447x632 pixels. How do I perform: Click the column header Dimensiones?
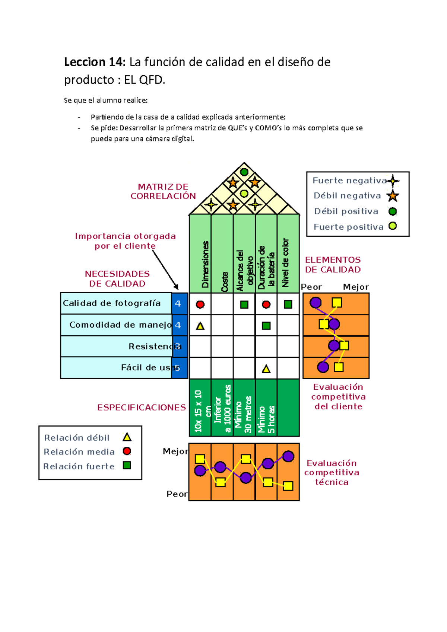coord(205,264)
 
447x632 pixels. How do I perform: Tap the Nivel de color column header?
coord(285,263)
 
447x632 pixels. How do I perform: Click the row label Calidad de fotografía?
coord(112,303)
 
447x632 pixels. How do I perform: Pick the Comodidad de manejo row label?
coord(120,325)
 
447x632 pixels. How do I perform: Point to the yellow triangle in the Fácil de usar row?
coord(266,369)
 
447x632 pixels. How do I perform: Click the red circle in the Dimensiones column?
coord(200,304)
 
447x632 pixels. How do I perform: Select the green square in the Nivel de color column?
coord(288,304)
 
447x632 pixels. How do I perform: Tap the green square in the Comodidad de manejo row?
coord(266,326)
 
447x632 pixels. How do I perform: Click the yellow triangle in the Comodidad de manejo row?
coord(200,326)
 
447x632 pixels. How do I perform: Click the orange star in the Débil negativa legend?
coord(393,196)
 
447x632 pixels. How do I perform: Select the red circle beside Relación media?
coord(127,451)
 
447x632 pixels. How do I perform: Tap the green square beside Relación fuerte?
coord(127,465)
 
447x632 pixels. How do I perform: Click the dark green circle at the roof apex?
coord(244,172)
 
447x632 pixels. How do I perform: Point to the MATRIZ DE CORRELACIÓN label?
coord(163,191)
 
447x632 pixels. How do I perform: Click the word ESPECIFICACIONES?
coord(142,408)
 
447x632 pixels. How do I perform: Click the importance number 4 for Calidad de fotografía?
coord(178,303)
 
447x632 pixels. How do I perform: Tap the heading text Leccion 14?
coord(95,62)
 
